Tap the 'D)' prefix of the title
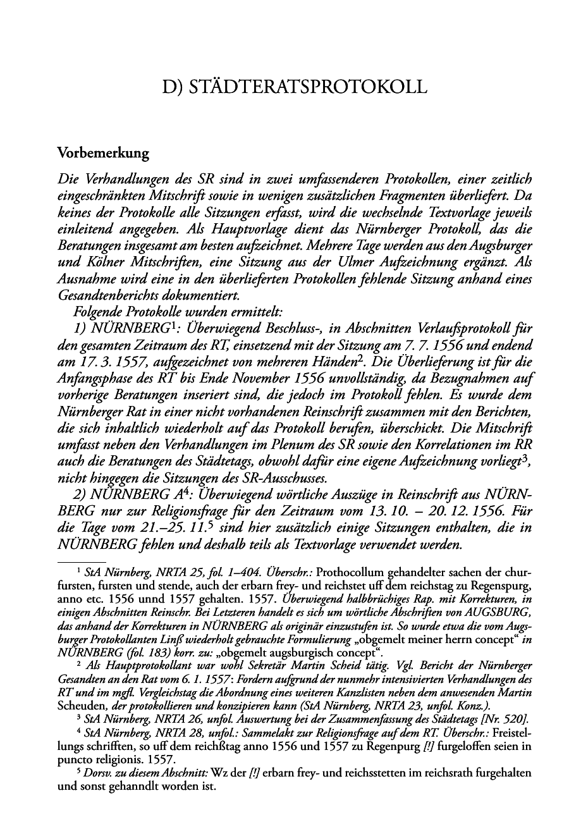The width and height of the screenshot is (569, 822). pyautogui.click(x=173, y=87)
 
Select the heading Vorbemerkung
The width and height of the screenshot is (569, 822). pyautogui.click(x=103, y=153)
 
